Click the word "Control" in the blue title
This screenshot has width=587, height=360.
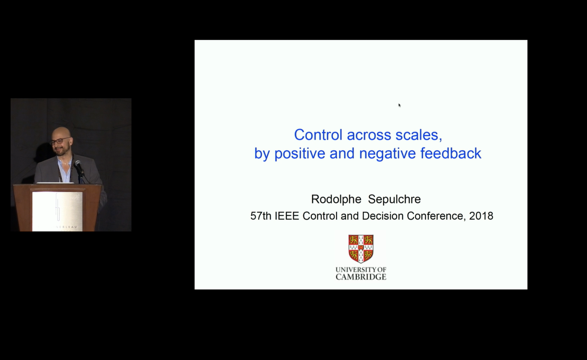(318, 135)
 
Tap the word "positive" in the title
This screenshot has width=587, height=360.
(300, 153)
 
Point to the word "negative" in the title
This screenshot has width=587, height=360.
(387, 154)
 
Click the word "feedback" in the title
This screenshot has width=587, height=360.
(451, 153)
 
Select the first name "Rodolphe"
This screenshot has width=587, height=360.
(336, 199)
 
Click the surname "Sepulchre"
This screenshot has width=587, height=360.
(394, 199)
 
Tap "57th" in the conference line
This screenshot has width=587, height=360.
(261, 216)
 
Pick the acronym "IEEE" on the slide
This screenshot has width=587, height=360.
(287, 216)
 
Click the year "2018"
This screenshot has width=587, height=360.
(481, 216)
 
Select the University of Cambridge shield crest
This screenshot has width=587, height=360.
(361, 249)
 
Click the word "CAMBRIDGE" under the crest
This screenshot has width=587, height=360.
(361, 277)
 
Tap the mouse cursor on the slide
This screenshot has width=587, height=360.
(399, 105)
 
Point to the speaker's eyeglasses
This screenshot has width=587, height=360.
(60, 141)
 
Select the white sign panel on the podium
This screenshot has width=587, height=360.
(57, 212)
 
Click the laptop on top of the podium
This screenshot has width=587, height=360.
(55, 183)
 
